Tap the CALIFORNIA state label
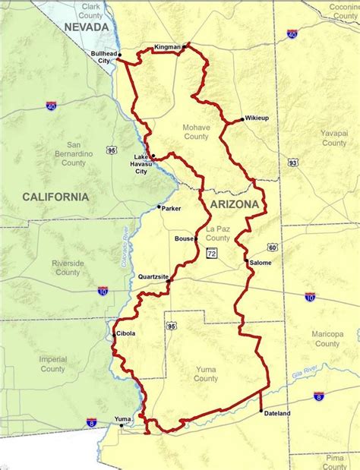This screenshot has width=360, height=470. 55,197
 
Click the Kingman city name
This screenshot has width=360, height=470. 167,47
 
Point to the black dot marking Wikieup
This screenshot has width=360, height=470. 242,119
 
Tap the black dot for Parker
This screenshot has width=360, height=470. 159,207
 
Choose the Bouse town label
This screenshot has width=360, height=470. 184,238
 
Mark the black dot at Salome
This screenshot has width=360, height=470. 248,263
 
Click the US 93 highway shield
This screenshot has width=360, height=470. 292,162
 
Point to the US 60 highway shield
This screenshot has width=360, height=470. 272,247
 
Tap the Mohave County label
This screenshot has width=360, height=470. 195,132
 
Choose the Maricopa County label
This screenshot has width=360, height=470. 327,339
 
